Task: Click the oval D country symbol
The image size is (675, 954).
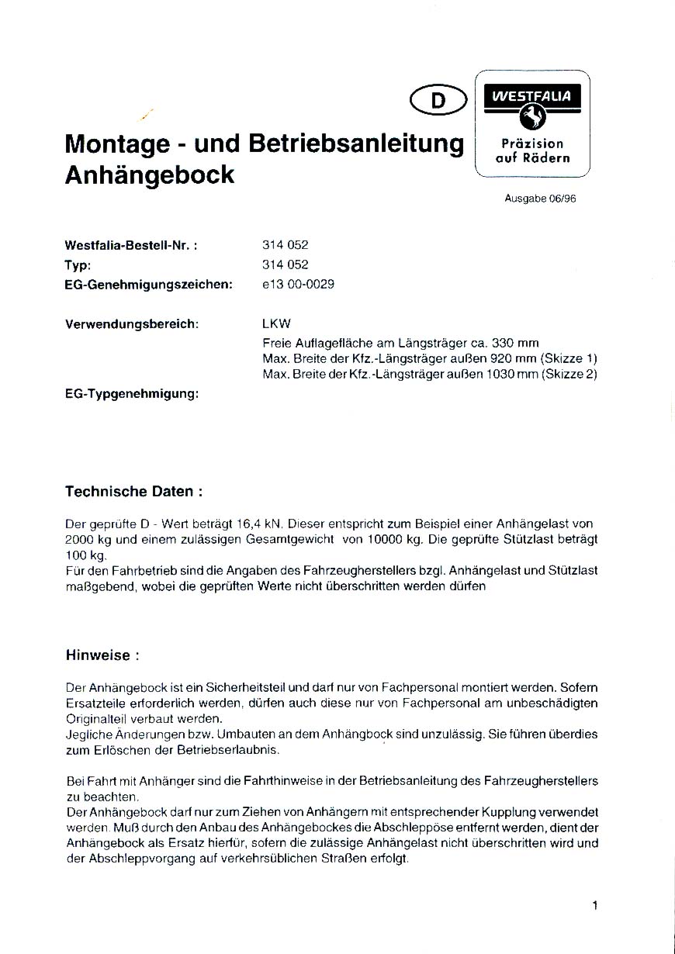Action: (438, 100)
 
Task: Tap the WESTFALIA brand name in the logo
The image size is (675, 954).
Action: (532, 97)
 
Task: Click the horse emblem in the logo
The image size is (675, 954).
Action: (532, 117)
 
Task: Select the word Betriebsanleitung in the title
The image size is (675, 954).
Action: (356, 143)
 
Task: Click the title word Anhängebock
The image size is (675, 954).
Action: (150, 175)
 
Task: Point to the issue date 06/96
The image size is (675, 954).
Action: (561, 199)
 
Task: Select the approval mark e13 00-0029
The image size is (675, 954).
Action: (299, 284)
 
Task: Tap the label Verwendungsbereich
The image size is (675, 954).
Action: (133, 323)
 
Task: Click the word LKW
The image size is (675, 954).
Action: (277, 323)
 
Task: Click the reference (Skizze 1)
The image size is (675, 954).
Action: (569, 358)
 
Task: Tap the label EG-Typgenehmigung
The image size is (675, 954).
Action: (133, 394)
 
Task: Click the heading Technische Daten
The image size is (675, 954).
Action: (134, 491)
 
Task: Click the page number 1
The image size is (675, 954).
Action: (594, 905)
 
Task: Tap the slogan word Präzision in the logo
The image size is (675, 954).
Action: (532, 143)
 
